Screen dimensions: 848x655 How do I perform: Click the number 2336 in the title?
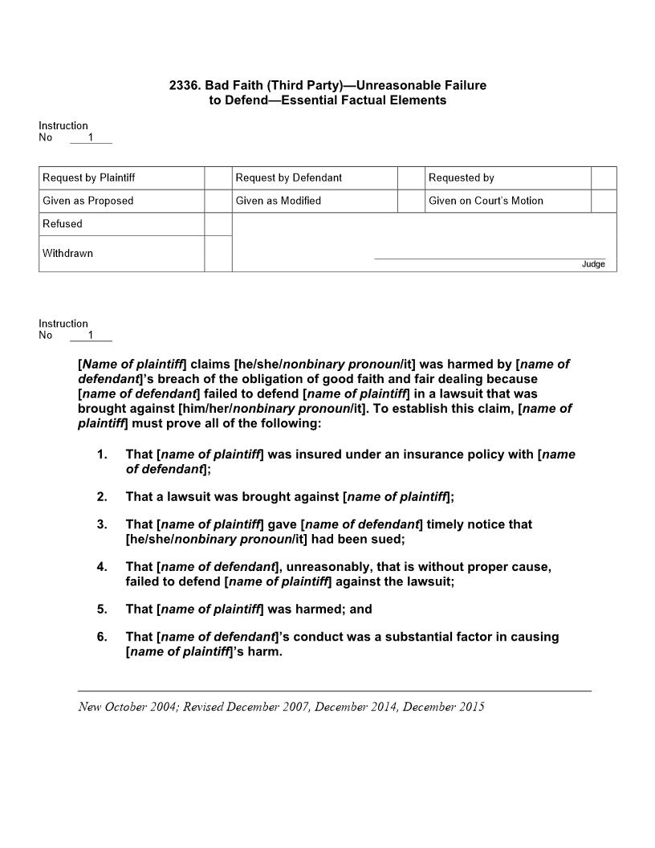coord(183,85)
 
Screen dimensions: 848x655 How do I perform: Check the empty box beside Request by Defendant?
coord(411,177)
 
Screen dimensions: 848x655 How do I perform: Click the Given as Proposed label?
coord(87,201)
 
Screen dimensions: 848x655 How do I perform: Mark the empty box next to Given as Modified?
coord(411,201)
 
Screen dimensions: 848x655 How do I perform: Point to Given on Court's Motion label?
coord(486,201)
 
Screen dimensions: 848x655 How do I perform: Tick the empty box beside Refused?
coord(218,224)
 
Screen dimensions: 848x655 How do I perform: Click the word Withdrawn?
coord(67,254)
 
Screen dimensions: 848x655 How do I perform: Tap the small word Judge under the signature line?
coord(593,264)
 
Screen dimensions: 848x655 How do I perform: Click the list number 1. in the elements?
coord(102,455)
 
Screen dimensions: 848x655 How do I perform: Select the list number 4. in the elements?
coord(102,567)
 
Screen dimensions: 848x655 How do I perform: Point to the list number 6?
coord(102,637)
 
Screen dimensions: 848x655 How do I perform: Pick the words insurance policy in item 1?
coord(432,455)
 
